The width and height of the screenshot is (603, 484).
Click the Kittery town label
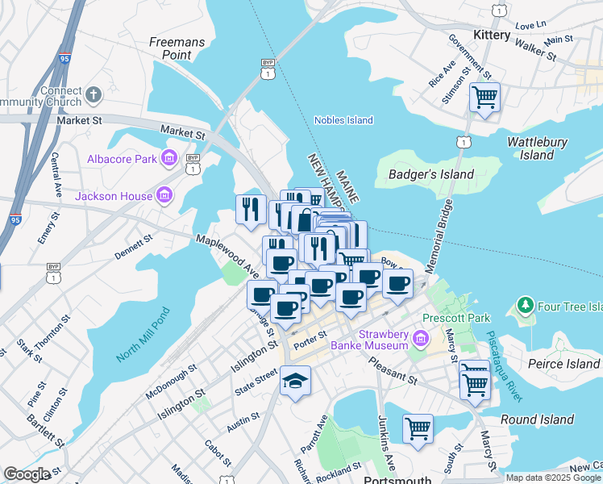pyautogui.click(x=492, y=35)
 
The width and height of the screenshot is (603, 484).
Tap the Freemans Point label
pyautogui.click(x=177, y=48)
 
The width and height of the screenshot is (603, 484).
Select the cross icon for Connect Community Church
pyautogui.click(x=94, y=95)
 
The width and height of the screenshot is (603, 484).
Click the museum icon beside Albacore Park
pyautogui.click(x=169, y=158)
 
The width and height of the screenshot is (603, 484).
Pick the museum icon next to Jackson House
pyautogui.click(x=164, y=195)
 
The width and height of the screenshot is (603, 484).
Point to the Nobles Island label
pyautogui.click(x=343, y=120)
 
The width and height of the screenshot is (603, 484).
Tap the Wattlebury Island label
pyautogui.click(x=537, y=148)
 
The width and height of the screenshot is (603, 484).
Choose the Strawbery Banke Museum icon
pyautogui.click(x=419, y=337)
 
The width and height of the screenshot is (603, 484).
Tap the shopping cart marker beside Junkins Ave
pyautogui.click(x=418, y=428)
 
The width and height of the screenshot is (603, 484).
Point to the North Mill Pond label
pyautogui.click(x=143, y=336)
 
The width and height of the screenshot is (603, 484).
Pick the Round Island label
pyautogui.click(x=536, y=419)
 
